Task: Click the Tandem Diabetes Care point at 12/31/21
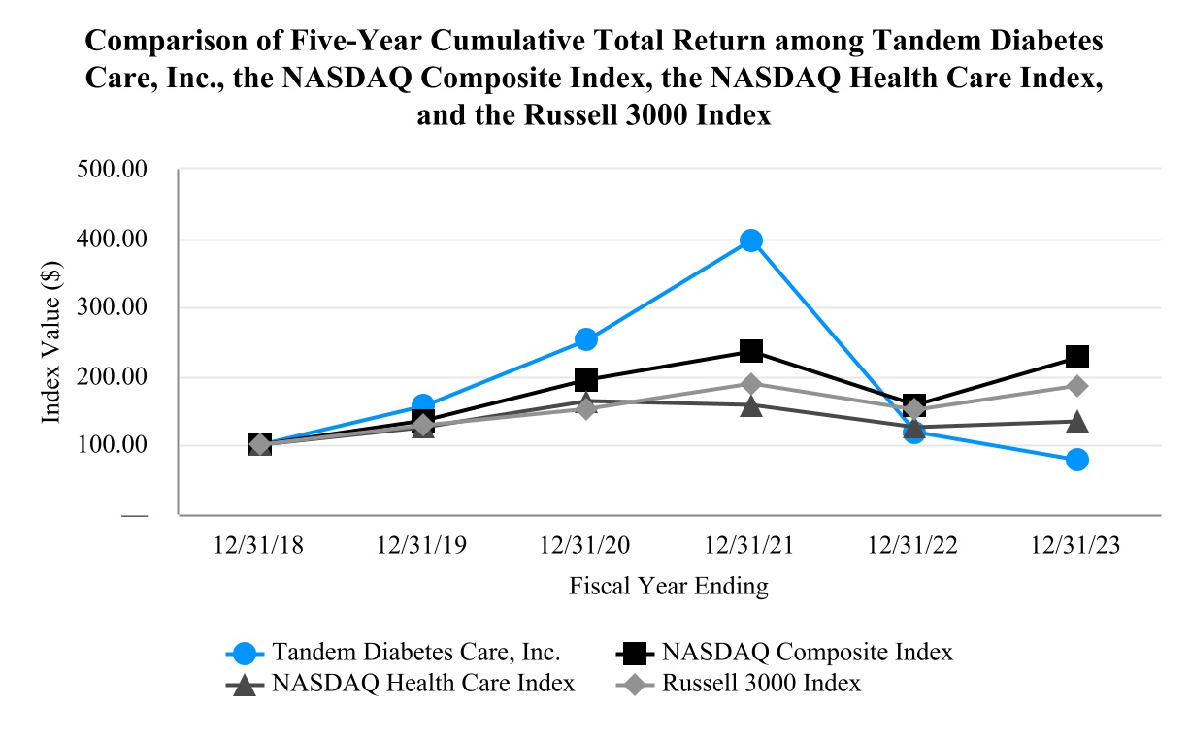point(750,240)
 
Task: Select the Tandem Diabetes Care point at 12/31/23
point(1076,460)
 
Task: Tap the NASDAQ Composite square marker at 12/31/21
point(750,351)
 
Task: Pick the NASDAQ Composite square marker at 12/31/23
point(1076,357)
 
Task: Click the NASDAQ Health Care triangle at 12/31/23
point(1076,422)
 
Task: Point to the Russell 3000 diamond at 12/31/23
point(1076,386)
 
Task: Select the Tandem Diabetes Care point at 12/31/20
point(586,339)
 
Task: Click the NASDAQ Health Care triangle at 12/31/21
point(750,405)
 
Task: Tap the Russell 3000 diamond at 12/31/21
point(750,384)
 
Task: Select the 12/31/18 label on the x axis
point(259,546)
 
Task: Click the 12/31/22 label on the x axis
point(913,546)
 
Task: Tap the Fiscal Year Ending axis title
point(669,586)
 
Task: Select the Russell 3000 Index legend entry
point(761,683)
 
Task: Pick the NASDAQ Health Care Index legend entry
point(423,683)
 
